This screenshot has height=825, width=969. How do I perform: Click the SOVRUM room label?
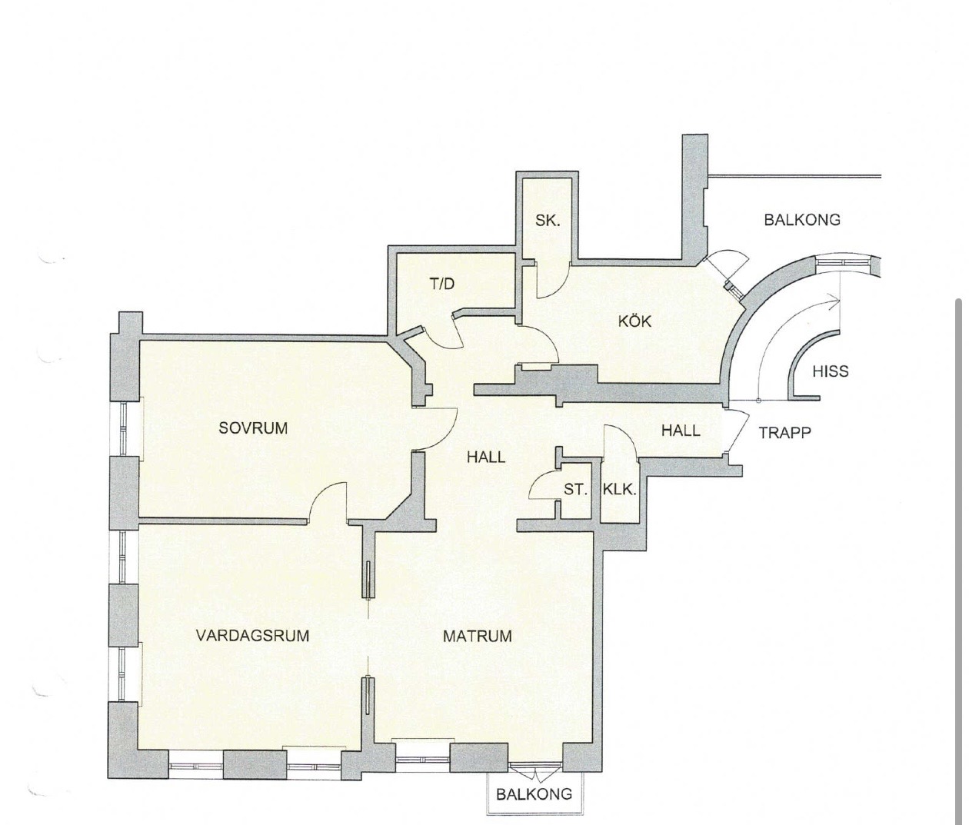pos(253,428)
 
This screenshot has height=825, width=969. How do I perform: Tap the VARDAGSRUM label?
pos(253,636)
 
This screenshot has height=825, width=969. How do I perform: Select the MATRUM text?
pos(478,636)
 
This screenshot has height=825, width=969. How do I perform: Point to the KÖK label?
pos(634,321)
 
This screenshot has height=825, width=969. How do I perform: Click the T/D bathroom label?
pos(442,283)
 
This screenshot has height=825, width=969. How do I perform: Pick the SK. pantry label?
pos(548,221)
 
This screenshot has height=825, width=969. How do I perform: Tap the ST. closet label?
pos(575,490)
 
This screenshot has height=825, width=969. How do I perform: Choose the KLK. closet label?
pos(619,490)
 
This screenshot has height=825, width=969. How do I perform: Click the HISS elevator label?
pos(831,371)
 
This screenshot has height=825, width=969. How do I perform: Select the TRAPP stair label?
pos(784,432)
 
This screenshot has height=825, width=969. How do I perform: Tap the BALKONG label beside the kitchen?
pos(802,219)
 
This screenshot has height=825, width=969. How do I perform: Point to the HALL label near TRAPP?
pos(681,430)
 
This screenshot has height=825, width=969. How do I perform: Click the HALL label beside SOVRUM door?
pos(486,457)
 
